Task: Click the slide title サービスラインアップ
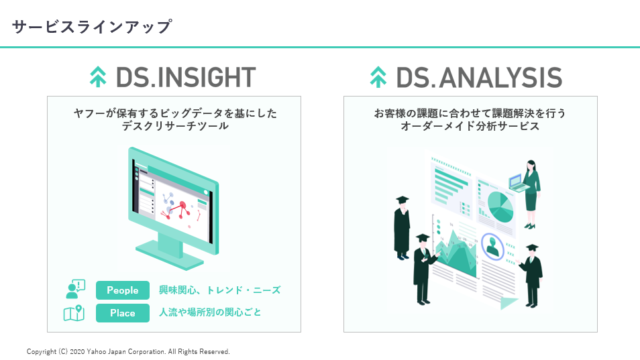click(92, 27)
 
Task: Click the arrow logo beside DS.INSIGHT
click(98, 77)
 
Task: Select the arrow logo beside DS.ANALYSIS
click(378, 77)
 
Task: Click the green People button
click(123, 290)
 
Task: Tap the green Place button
click(123, 313)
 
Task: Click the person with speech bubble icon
click(74, 290)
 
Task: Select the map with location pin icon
click(74, 313)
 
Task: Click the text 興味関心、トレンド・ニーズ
click(219, 290)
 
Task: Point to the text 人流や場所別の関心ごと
click(210, 312)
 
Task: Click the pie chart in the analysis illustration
click(500, 206)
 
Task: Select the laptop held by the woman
click(517, 182)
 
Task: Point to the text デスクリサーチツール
click(174, 126)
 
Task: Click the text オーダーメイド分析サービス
click(470, 126)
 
